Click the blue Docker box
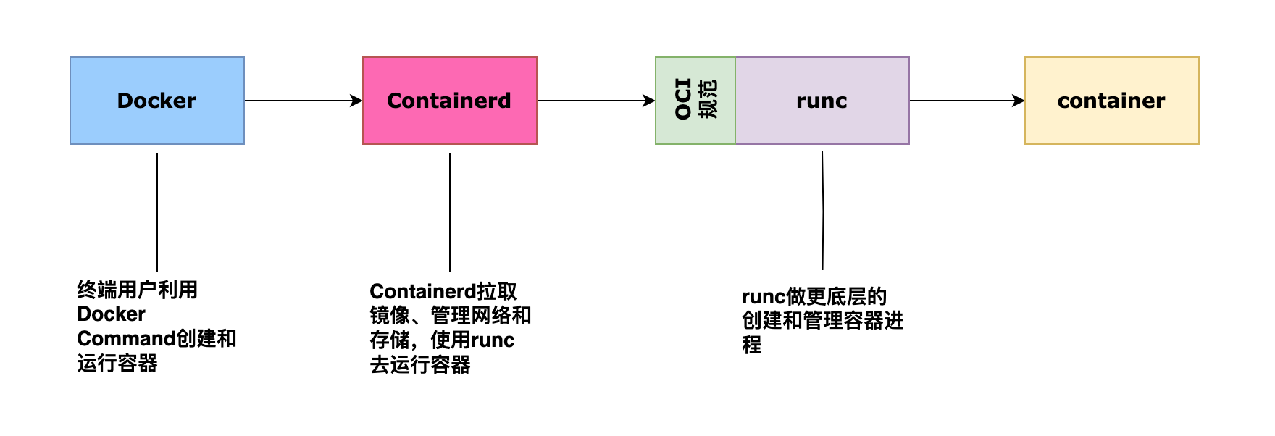(x=156, y=101)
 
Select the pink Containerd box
(x=449, y=101)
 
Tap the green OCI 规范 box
(x=695, y=101)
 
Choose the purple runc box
(x=822, y=101)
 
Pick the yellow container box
(x=1111, y=101)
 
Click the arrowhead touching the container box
(x=1019, y=101)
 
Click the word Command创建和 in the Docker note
(x=156, y=339)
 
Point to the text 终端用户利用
(x=137, y=290)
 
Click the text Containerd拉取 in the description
(x=443, y=292)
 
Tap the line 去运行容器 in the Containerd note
(x=419, y=365)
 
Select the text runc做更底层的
(x=814, y=297)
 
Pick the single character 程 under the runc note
(x=751, y=345)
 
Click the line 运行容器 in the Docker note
(x=117, y=364)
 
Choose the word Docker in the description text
(x=111, y=314)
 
